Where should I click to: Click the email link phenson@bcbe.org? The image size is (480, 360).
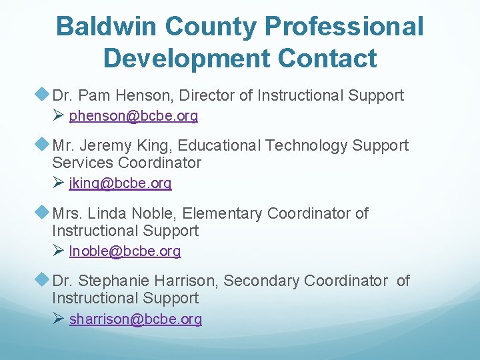pos(133,116)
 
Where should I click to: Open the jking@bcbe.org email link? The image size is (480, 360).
pos(120,183)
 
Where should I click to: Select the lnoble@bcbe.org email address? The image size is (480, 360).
pos(125,251)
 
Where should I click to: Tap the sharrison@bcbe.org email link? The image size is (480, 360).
pos(135,319)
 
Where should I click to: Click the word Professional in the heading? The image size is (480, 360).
pos(343,27)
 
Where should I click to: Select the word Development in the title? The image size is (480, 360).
pos(185,58)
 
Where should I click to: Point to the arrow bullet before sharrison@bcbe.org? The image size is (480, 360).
pos(58,319)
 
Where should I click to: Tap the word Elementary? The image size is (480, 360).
pos(222,214)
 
